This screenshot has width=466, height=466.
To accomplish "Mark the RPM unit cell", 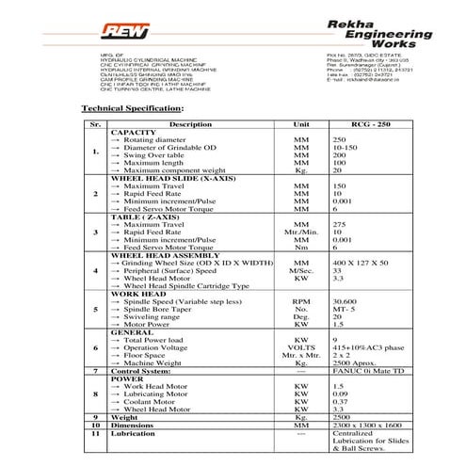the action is (x=301, y=300).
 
